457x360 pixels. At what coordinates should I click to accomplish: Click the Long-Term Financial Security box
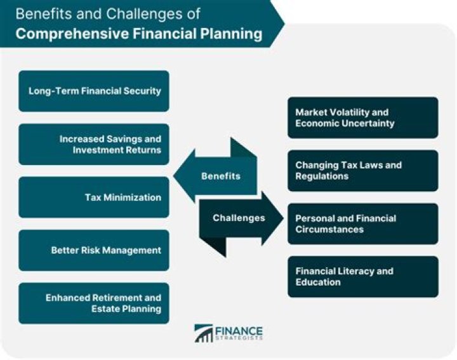(94, 91)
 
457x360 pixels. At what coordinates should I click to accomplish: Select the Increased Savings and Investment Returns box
(94, 144)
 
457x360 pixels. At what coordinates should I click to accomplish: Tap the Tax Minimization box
(94, 197)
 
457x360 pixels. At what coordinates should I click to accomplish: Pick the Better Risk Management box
(94, 250)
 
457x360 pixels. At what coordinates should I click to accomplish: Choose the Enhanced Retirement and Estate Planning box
(94, 303)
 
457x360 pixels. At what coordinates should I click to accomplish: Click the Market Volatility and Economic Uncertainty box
(362, 117)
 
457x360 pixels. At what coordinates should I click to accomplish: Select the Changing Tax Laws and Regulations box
(362, 171)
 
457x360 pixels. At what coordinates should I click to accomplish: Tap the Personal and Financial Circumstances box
(362, 223)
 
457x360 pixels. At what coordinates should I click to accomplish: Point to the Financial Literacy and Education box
(362, 276)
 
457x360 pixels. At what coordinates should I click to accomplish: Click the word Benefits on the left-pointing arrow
(221, 176)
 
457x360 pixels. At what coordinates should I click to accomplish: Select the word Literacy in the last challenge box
(354, 271)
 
